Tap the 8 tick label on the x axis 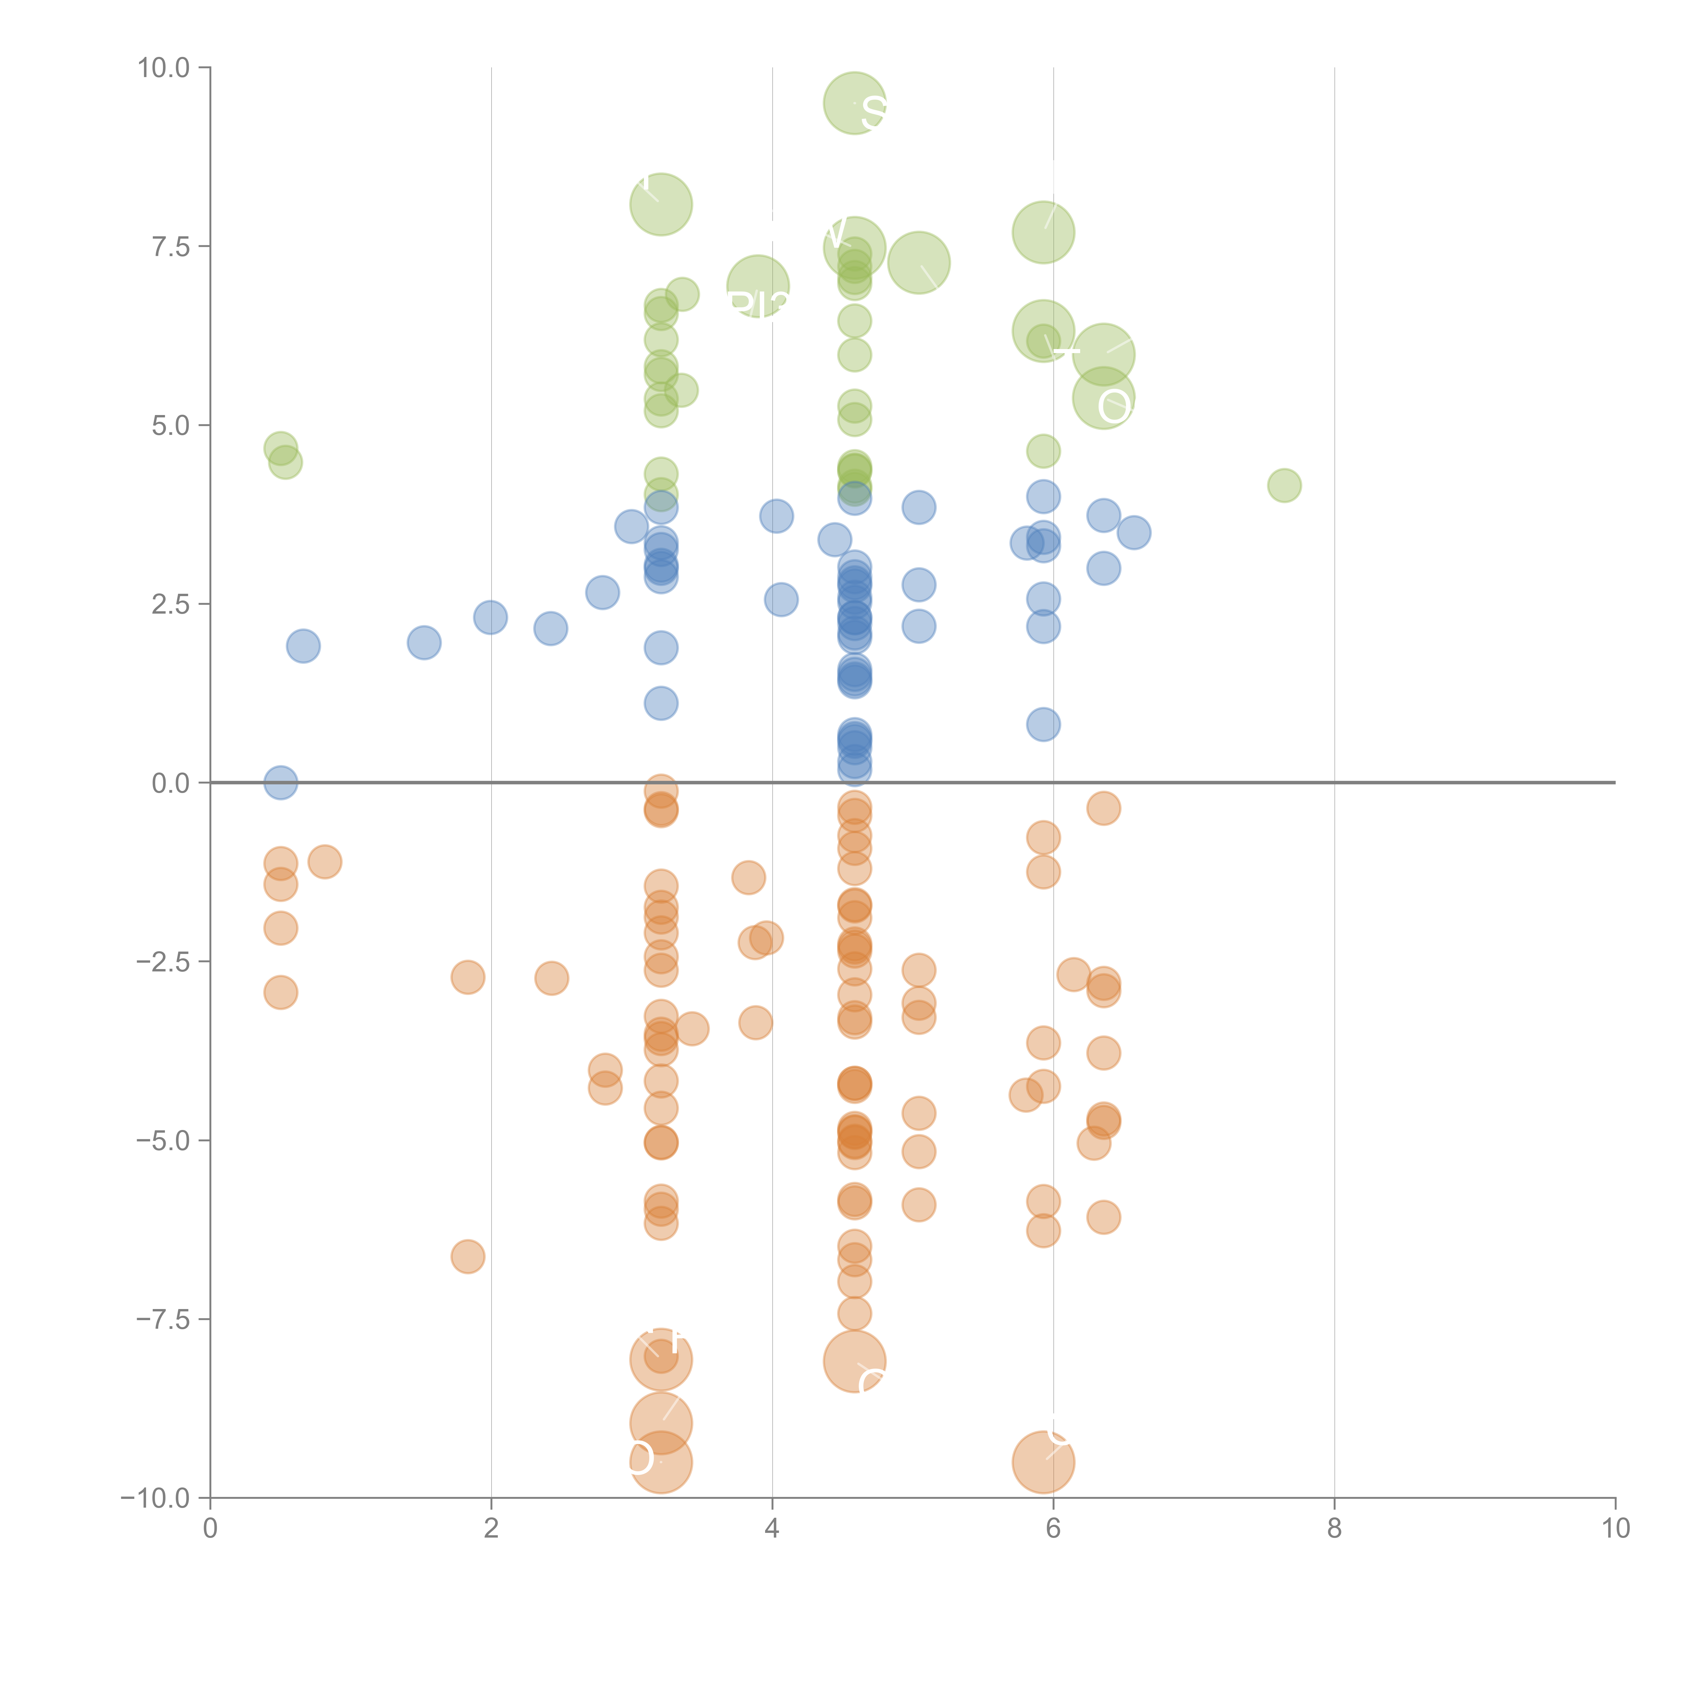point(1335,1529)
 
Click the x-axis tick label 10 point(1615,1529)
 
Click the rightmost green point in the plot point(1284,485)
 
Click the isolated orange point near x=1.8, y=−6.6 point(468,1256)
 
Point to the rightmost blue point point(1133,532)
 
